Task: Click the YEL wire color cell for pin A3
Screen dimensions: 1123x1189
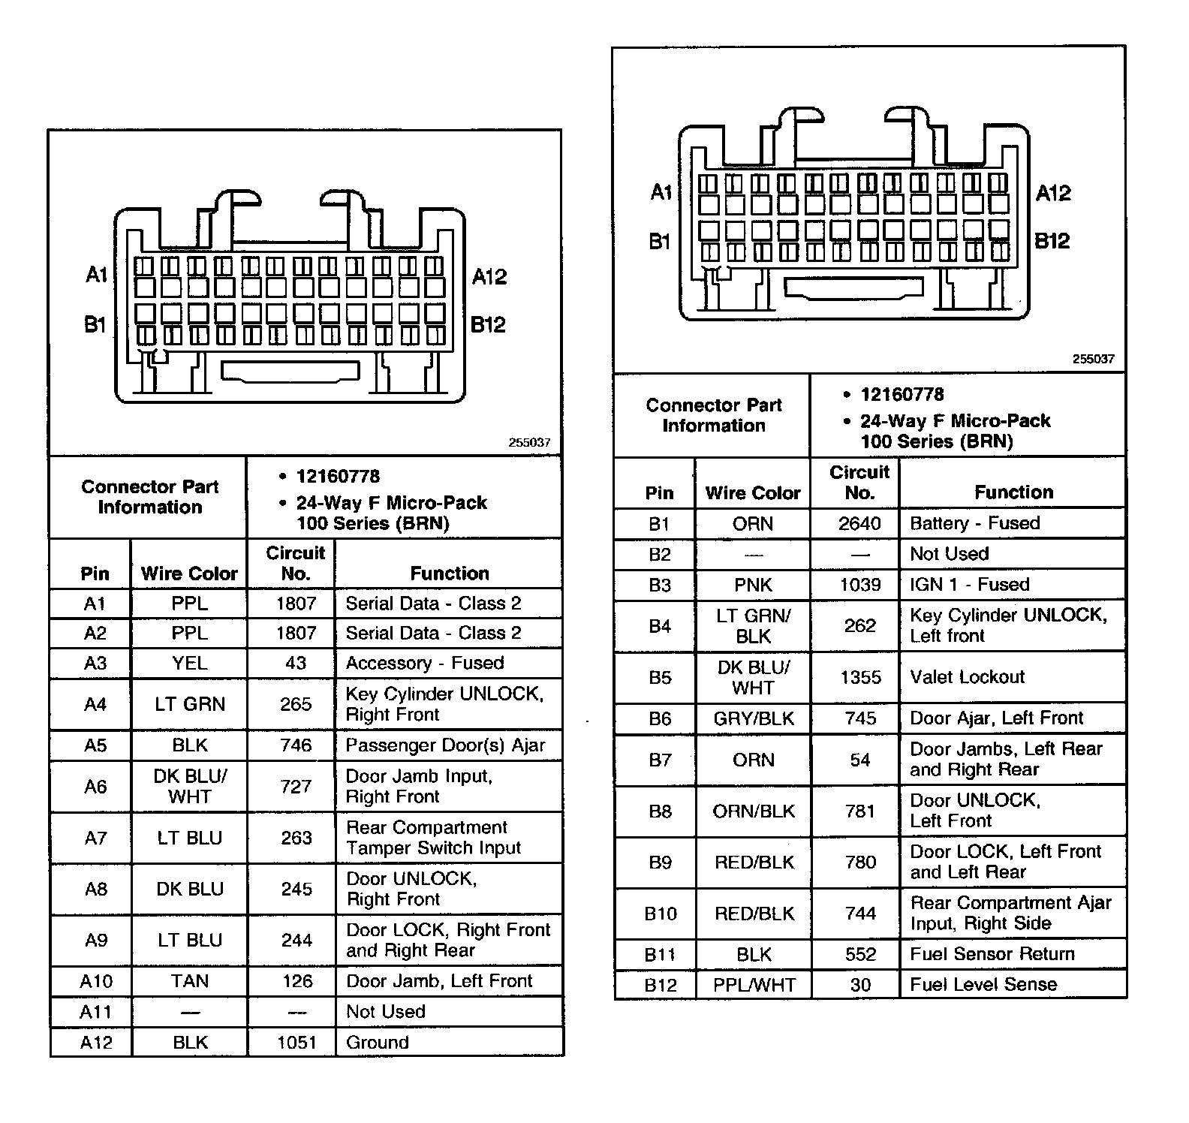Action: tap(189, 664)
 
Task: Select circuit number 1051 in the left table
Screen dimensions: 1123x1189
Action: tap(296, 1042)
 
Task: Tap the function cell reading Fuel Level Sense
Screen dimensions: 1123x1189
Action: tap(983, 984)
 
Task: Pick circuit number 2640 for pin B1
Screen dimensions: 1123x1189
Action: tap(859, 523)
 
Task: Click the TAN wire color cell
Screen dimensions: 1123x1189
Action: tap(189, 981)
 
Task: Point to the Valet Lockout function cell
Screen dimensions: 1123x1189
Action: tap(967, 677)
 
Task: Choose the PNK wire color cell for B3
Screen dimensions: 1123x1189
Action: tap(753, 585)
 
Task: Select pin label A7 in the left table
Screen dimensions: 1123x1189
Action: tap(95, 838)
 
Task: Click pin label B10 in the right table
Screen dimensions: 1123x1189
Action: tap(661, 914)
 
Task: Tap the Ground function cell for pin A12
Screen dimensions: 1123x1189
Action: tap(378, 1042)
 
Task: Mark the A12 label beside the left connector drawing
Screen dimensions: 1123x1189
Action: tap(489, 277)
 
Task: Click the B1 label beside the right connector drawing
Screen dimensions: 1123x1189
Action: tap(660, 242)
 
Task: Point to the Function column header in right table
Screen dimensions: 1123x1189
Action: tap(1013, 492)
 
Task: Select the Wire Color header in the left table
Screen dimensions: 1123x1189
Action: tap(189, 574)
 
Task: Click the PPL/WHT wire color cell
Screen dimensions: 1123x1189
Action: tap(754, 985)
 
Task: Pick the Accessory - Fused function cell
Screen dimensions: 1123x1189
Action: tap(424, 664)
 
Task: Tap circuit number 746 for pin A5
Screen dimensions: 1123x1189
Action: tap(296, 745)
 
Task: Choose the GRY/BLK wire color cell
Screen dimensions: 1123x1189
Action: tap(754, 718)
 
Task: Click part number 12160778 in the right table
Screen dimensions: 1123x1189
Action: tap(902, 395)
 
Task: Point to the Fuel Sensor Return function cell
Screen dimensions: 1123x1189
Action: tap(992, 954)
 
